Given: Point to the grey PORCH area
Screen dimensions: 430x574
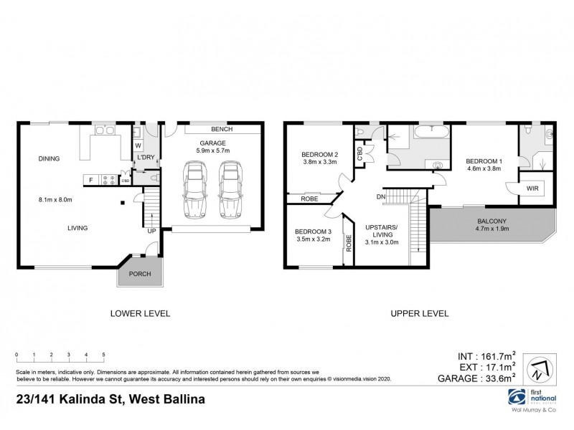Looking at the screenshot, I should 139,274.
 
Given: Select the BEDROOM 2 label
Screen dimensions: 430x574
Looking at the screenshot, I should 319,155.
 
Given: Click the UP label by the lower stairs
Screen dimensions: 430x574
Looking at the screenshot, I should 151,231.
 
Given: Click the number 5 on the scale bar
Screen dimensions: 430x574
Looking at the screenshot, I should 103,355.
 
